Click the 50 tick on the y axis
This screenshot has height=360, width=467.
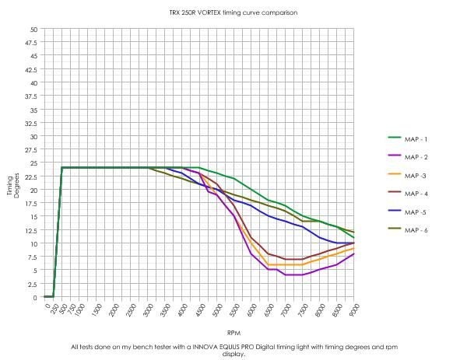pos(33,30)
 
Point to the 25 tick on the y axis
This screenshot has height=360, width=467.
pos(33,163)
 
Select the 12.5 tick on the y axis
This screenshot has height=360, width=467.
pos(32,230)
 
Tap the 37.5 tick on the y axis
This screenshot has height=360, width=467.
pos(32,96)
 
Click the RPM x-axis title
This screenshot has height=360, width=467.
pos(233,330)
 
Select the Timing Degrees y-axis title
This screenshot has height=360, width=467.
pos(13,185)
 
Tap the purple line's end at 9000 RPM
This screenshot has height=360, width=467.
pos(354,254)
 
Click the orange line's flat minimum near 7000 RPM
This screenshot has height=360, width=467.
pos(286,265)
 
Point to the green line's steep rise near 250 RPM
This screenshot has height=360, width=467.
pos(57,233)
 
